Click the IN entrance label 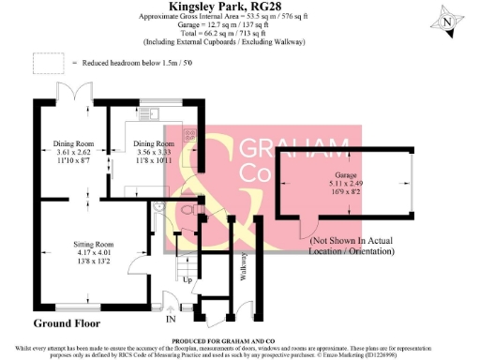pos(171,319)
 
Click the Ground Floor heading pos(68,323)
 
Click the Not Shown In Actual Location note pos(360,247)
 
